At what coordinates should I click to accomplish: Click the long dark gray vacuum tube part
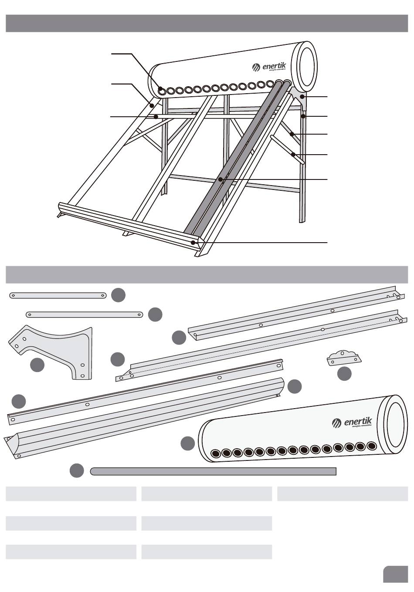[213, 471]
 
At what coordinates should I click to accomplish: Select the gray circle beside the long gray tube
[77, 470]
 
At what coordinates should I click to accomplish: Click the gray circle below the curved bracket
[37, 365]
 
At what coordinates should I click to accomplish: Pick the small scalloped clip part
[344, 357]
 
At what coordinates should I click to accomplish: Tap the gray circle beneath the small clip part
[344, 374]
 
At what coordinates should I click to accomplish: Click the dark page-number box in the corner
[395, 574]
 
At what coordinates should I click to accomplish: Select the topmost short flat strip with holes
[58, 295]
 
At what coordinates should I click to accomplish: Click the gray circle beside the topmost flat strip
[118, 295]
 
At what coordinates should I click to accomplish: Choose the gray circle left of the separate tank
[188, 443]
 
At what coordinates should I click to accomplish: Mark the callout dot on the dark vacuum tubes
[221, 179]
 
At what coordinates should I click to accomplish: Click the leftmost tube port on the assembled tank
[162, 91]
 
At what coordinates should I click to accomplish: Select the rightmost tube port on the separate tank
[372, 446]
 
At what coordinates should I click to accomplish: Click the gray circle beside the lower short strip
[155, 315]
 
